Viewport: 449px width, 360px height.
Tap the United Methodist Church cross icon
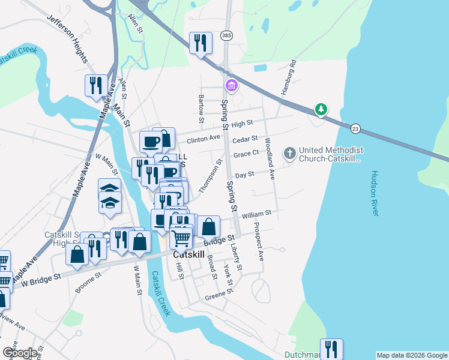289,153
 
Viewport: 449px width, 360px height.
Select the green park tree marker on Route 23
322,109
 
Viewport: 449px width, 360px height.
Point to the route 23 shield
355,128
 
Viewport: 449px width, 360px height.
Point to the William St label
257,213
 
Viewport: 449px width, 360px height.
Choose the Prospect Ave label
259,242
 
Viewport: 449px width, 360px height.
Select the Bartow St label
200,106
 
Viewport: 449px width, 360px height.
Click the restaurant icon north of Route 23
200,42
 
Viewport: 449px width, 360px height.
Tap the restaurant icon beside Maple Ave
96,85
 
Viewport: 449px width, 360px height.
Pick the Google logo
20,353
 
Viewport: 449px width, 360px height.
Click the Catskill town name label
190,254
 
